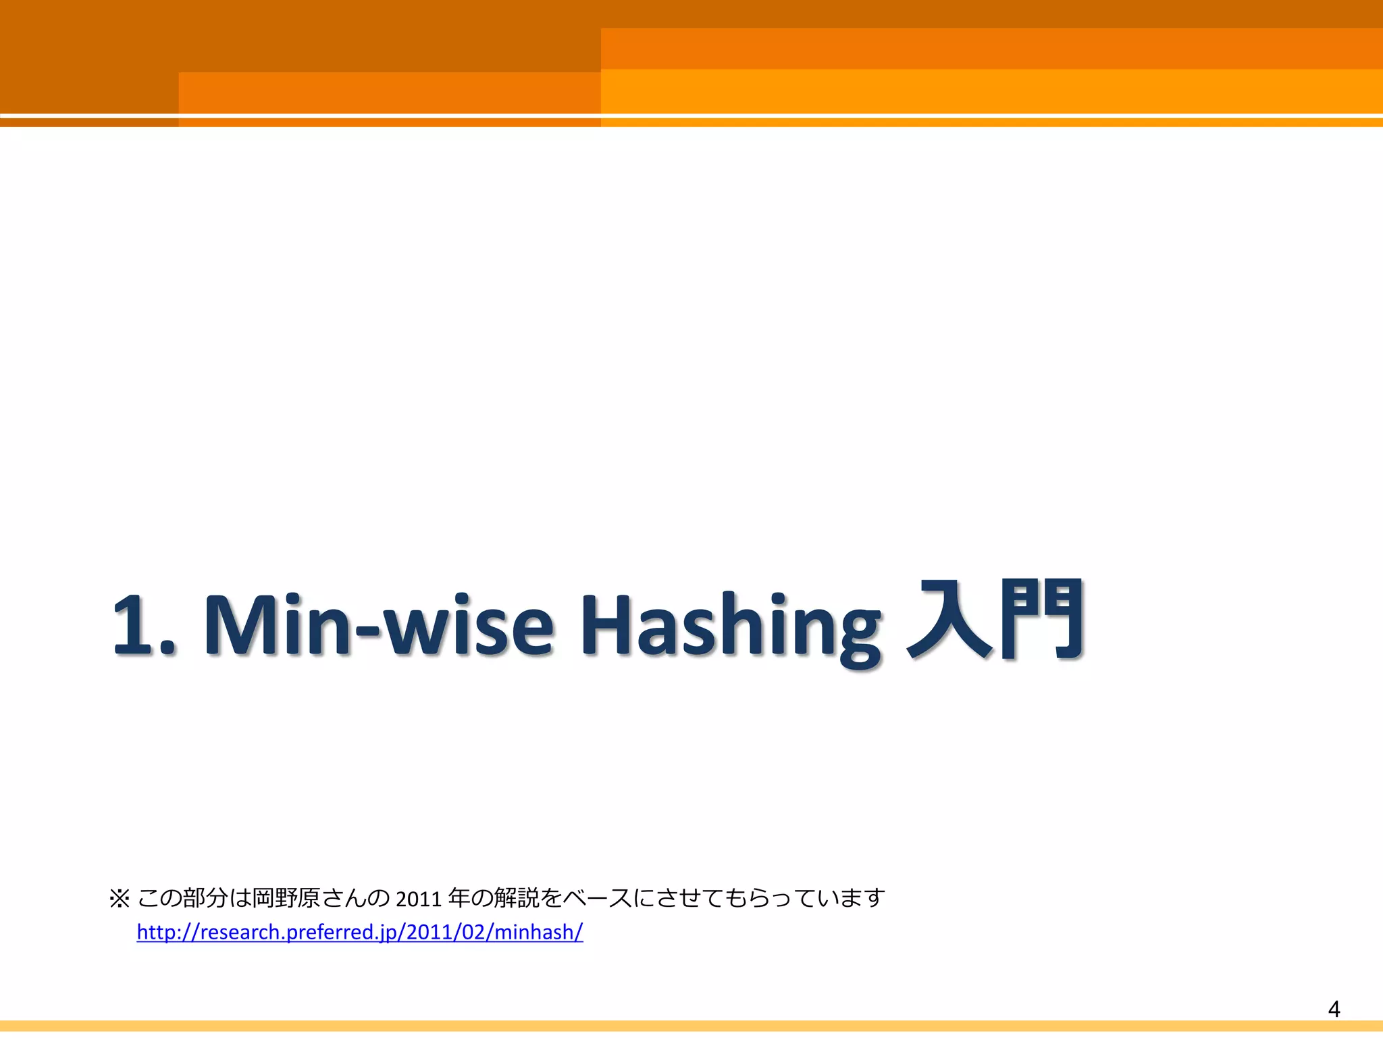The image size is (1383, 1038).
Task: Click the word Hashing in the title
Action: pos(731,625)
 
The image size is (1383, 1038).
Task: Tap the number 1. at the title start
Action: pos(142,625)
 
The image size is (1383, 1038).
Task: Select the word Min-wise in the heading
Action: pos(378,625)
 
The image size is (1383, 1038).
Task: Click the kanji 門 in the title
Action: pos(1044,620)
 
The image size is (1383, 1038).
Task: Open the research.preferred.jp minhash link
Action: pos(359,933)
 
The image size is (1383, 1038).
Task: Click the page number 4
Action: pos(1334,1009)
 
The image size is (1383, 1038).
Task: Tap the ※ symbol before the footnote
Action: pos(119,899)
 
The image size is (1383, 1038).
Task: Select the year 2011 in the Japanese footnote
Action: pos(418,899)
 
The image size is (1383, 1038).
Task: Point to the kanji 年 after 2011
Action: pos(459,899)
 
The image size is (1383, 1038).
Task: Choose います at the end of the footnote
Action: pos(852,899)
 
